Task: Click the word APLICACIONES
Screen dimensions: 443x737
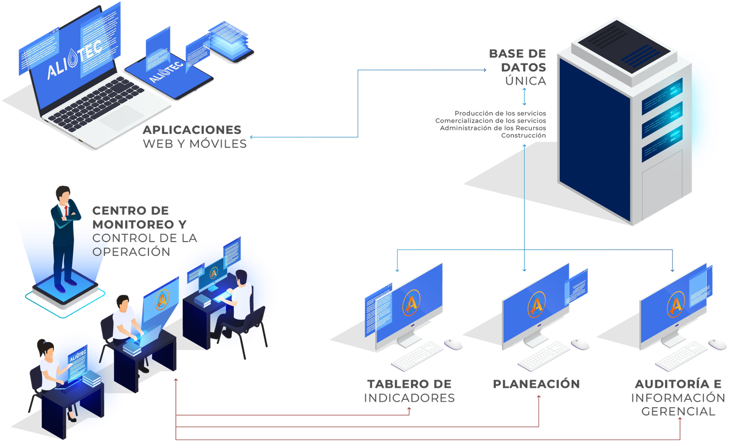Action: (192, 130)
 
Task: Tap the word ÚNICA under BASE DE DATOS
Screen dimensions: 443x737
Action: (526, 81)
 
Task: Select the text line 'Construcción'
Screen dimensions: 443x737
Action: (524, 136)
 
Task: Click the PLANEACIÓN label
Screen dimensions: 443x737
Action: (536, 384)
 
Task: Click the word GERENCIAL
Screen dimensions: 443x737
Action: (678, 412)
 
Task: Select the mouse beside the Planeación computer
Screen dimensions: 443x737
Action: (580, 343)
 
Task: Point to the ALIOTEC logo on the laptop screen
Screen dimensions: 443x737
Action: (74, 62)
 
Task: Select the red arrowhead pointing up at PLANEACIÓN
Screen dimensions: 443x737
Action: (540, 397)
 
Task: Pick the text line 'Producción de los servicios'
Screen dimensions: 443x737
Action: (500, 113)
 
